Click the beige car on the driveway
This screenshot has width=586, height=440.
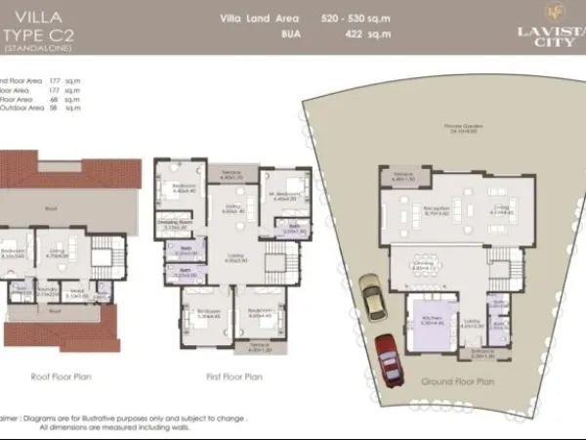(x=372, y=294)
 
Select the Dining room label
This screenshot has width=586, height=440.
(x=425, y=262)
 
